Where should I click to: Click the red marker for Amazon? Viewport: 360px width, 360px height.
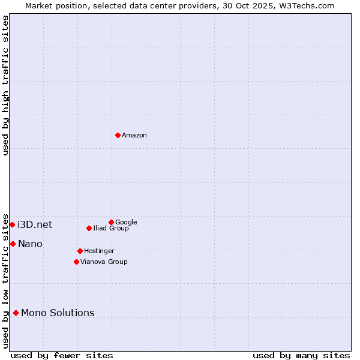[118, 135]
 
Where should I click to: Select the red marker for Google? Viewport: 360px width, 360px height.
[111, 222]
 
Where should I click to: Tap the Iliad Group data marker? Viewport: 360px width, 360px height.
[89, 228]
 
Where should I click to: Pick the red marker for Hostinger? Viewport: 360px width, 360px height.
[80, 251]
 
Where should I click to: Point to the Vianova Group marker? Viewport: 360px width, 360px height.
[76, 262]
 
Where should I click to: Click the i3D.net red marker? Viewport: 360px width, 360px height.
[12, 224]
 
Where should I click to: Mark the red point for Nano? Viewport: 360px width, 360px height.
[13, 244]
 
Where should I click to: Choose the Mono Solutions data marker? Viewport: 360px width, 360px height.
[16, 313]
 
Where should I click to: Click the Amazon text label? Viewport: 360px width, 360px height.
[134, 136]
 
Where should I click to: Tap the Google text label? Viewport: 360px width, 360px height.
[126, 223]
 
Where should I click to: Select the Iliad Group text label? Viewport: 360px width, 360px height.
[111, 229]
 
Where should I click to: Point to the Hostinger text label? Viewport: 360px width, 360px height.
[99, 251]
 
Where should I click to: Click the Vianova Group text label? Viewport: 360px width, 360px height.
[104, 262]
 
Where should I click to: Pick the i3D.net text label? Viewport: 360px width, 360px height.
[35, 225]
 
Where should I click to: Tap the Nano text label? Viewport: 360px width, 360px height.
[30, 244]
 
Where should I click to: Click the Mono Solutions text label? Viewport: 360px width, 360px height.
[58, 313]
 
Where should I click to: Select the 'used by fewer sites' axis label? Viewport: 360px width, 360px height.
[62, 355]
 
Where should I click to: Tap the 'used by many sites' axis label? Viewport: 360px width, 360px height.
[301, 355]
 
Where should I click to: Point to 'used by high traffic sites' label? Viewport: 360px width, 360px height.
[6, 85]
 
